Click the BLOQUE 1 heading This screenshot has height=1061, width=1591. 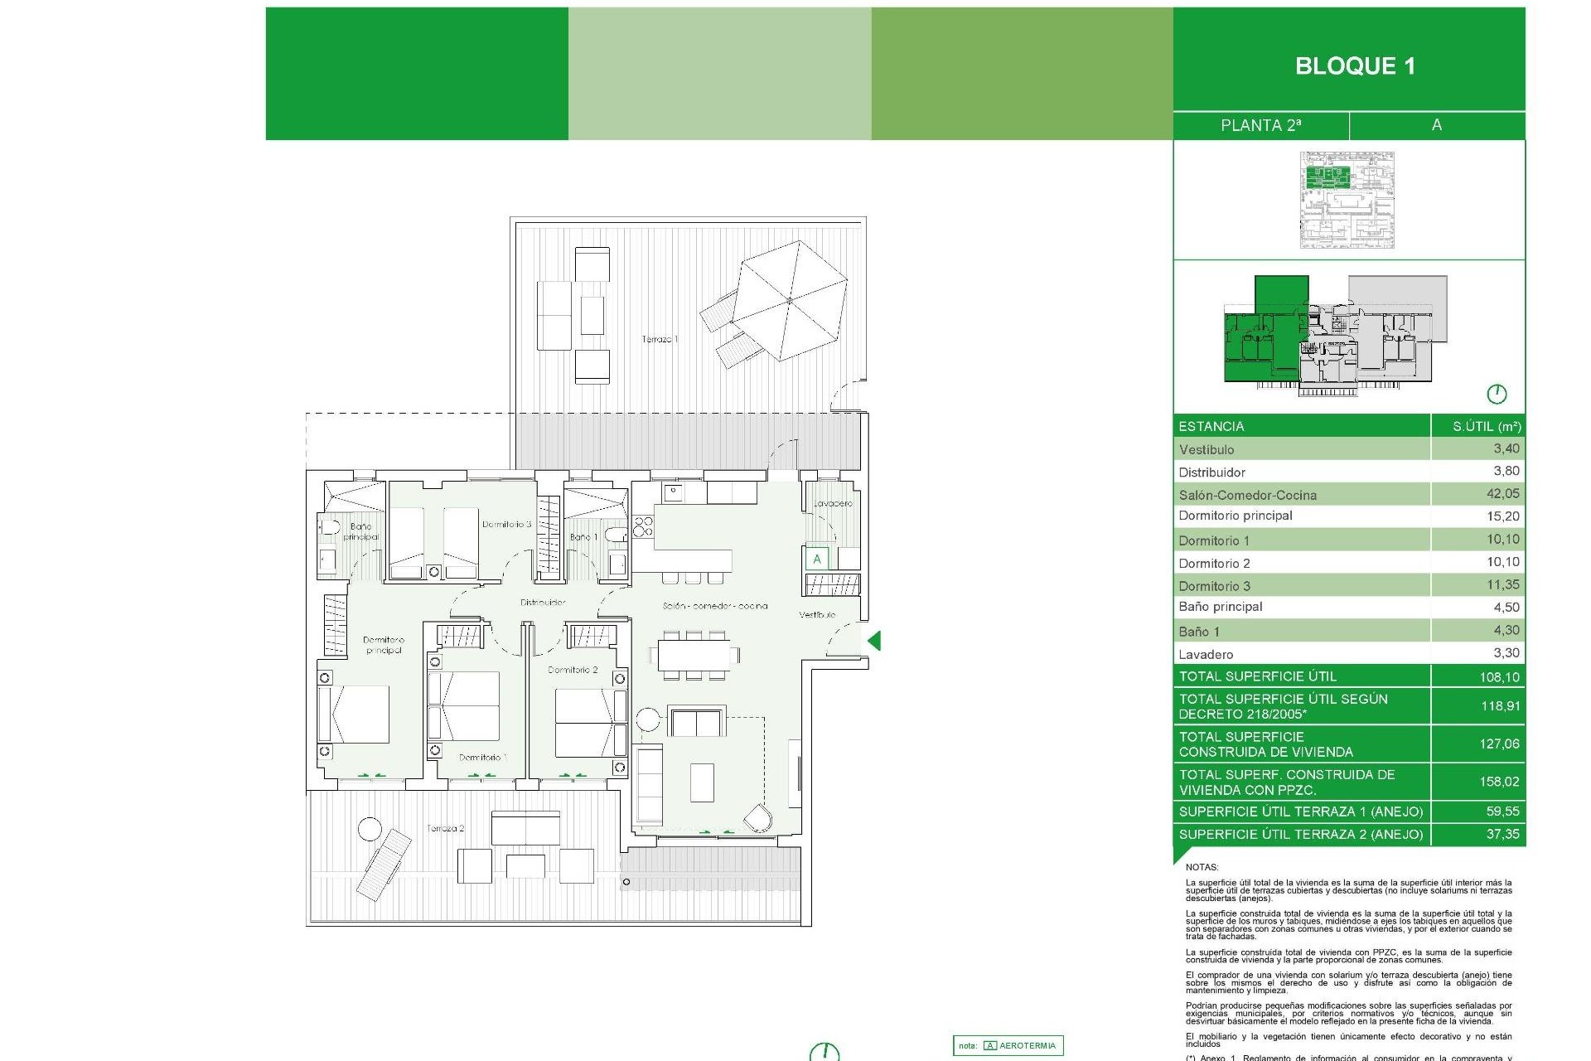(x=1355, y=66)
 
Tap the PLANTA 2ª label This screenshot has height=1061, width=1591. (x=1260, y=125)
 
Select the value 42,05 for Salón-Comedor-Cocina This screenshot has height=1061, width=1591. (x=1502, y=494)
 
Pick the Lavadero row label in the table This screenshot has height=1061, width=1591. (x=1206, y=654)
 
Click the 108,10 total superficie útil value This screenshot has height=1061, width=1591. (x=1499, y=677)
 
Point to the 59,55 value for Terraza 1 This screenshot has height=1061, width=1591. (x=1502, y=811)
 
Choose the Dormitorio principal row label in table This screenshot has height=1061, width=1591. (x=1235, y=516)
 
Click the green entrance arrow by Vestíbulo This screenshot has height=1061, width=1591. (x=874, y=640)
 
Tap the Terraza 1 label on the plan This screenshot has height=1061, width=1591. (x=660, y=339)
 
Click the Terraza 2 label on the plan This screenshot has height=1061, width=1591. (x=445, y=828)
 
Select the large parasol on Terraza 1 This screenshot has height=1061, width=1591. (x=789, y=300)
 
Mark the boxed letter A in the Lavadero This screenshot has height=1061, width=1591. (x=817, y=559)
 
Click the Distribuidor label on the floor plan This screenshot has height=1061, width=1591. (x=543, y=603)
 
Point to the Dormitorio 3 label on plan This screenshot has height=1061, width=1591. (x=506, y=524)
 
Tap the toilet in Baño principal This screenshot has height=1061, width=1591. (x=329, y=527)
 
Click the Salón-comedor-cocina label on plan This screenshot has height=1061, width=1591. (x=714, y=606)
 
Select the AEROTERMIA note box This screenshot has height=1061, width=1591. (x=1008, y=1045)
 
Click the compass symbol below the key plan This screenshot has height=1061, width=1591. (x=1496, y=394)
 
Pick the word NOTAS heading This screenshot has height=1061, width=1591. (x=1202, y=867)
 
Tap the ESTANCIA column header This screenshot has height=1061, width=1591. (x=1211, y=426)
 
